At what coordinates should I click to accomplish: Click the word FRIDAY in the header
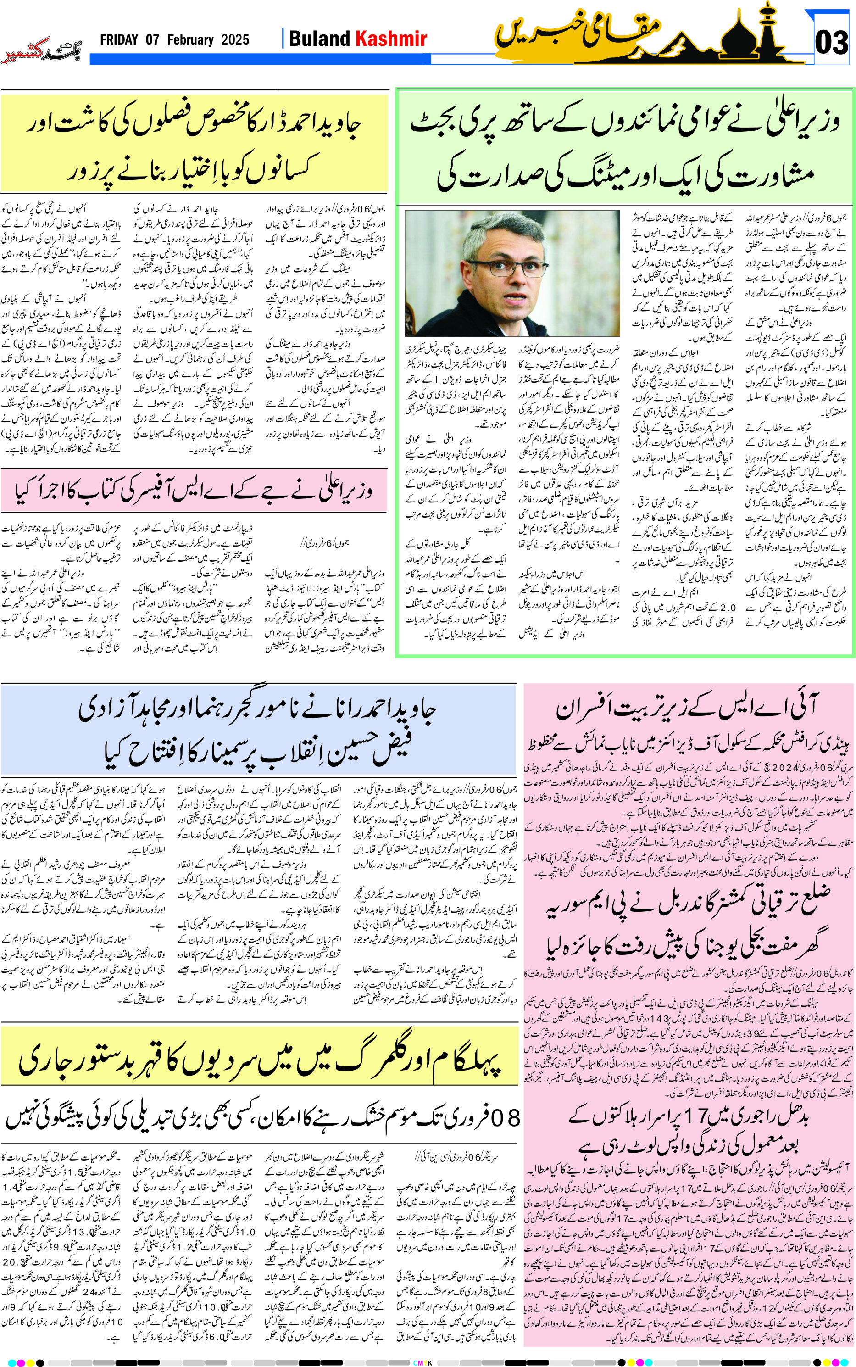(119, 39)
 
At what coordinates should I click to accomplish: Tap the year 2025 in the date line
(235, 39)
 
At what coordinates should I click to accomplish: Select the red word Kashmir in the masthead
(391, 39)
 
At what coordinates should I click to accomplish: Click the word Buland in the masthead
(319, 39)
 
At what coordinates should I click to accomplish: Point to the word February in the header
(190, 39)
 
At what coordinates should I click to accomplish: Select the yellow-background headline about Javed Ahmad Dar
(194, 145)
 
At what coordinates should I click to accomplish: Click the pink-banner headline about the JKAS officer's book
(194, 491)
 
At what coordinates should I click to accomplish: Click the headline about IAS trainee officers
(687, 709)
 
